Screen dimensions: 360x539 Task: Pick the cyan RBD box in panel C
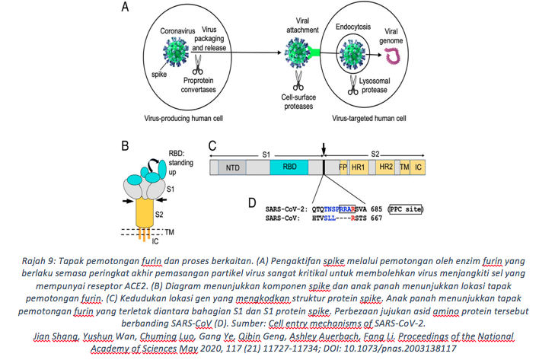point(289,166)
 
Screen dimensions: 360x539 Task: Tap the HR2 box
point(386,166)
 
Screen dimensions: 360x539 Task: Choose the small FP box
point(343,166)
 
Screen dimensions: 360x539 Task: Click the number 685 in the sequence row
point(374,208)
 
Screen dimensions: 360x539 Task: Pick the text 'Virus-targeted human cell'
point(368,118)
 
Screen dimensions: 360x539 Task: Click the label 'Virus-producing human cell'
point(186,119)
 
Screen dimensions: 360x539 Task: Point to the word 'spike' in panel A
point(160,74)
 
